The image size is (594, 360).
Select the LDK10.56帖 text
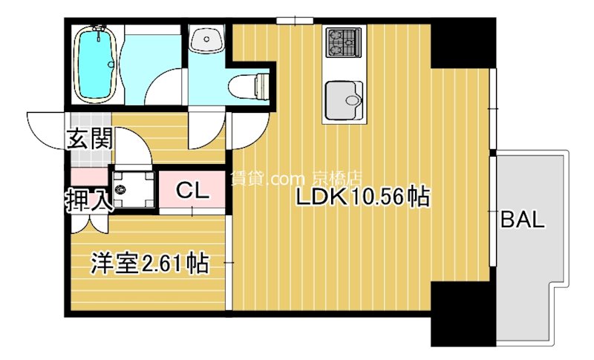click(x=363, y=198)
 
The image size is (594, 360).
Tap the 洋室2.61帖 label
click(x=148, y=263)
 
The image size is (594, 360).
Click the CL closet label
click(x=191, y=191)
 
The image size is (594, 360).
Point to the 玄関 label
click(x=88, y=139)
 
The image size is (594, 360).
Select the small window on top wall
click(x=292, y=20)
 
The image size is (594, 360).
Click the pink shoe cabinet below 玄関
click(x=89, y=177)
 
